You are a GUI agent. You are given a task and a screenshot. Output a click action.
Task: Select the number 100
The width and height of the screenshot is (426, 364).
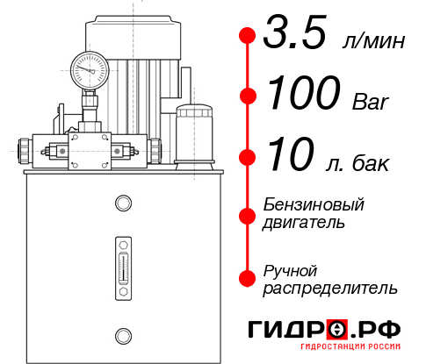304,96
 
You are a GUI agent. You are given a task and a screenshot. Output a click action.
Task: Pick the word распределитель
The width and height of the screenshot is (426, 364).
329,288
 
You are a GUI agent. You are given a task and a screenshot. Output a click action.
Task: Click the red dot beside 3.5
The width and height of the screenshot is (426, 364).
248,36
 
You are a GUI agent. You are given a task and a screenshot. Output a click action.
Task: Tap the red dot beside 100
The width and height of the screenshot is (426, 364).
248,96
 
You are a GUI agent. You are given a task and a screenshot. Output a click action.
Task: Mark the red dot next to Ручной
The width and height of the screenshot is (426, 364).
248,278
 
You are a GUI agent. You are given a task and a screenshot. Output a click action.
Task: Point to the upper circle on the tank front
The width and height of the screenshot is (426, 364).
123,204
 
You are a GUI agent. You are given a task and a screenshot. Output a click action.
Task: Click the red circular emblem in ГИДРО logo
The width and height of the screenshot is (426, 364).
337,330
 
